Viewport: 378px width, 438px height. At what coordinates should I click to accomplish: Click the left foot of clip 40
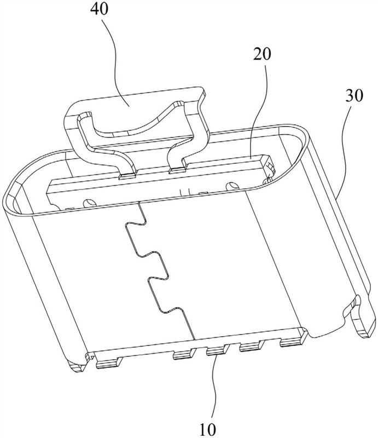click(x=127, y=174)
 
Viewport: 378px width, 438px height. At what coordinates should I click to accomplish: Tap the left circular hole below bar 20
click(x=86, y=203)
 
